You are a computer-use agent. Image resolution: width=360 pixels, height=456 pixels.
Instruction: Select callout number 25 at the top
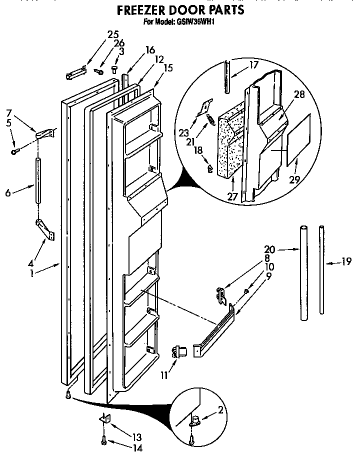tap(112, 34)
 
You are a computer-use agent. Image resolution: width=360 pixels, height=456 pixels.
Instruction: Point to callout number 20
tap(270, 248)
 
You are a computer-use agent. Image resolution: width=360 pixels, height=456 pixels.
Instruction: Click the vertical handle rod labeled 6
tap(38, 180)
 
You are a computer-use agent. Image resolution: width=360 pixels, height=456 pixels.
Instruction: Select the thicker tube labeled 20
tap(303, 273)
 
